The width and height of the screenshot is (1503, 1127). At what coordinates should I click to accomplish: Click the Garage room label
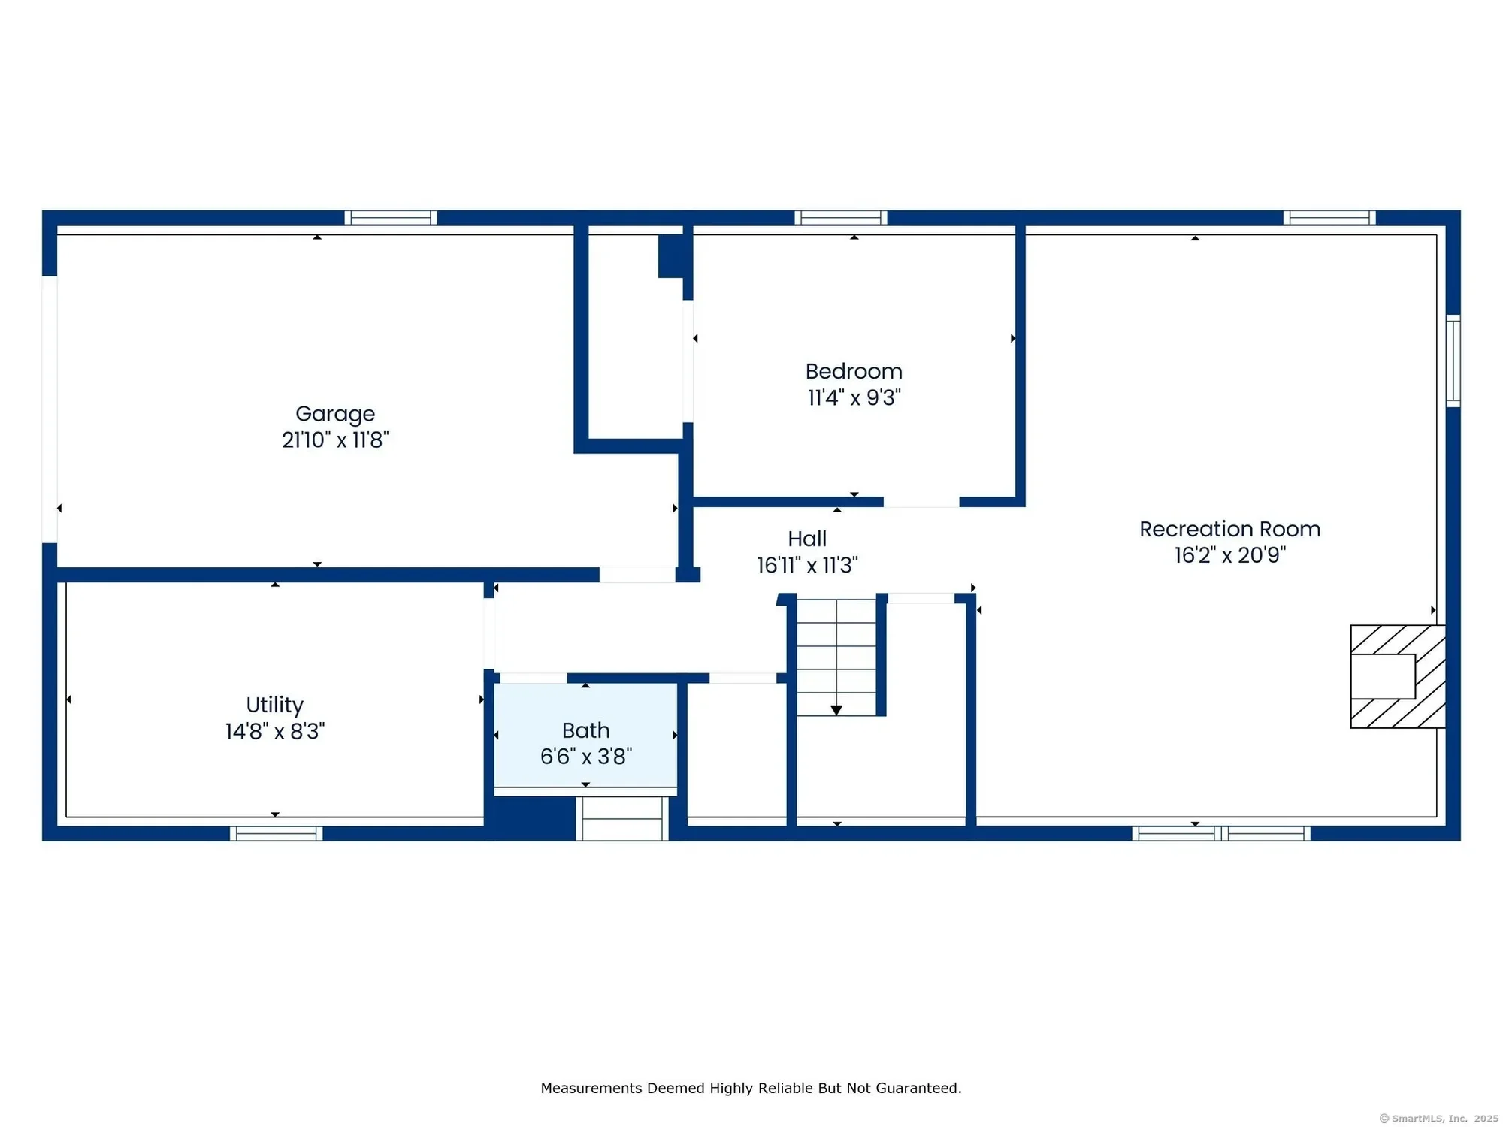(x=335, y=415)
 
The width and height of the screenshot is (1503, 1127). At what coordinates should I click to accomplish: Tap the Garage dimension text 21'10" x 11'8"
(x=335, y=440)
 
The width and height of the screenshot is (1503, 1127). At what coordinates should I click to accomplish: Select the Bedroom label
(x=854, y=371)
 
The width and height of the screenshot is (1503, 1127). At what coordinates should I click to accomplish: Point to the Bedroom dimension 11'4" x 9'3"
(x=854, y=397)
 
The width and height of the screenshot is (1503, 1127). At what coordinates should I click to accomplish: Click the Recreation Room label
(x=1229, y=529)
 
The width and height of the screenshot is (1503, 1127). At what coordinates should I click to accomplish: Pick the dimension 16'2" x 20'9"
(x=1230, y=555)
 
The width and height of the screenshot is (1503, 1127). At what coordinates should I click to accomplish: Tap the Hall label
(x=807, y=539)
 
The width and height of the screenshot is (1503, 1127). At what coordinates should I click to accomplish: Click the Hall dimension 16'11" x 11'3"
(x=807, y=565)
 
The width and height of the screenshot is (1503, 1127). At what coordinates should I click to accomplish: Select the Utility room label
(x=275, y=706)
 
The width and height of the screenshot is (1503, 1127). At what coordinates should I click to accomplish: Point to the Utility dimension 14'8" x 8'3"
(x=275, y=731)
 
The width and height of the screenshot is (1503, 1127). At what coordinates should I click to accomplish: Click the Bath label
(x=586, y=730)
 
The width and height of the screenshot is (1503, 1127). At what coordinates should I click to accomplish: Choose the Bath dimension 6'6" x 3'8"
(x=586, y=757)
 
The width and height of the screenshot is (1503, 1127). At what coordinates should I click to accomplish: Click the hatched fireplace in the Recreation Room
(x=1398, y=676)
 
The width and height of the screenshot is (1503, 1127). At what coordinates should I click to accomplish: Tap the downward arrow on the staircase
(x=836, y=710)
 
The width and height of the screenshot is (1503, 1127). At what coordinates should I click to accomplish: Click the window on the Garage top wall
(x=391, y=218)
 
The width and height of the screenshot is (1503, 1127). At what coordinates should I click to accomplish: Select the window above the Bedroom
(x=841, y=218)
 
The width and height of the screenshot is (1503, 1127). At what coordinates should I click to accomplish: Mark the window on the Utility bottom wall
(x=276, y=833)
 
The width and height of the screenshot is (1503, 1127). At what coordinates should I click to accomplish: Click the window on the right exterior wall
(x=1453, y=361)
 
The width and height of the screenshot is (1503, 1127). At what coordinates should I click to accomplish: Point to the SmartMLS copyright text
(x=1438, y=1119)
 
